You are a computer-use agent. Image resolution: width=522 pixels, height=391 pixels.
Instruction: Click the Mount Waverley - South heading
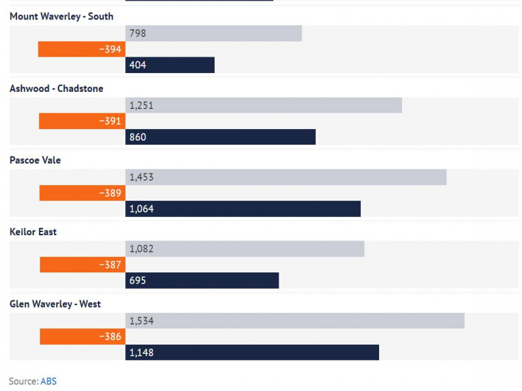click(61, 16)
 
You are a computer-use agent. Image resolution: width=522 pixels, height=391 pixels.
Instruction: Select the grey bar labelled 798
click(213, 33)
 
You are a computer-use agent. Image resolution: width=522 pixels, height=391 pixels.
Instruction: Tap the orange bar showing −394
click(82, 49)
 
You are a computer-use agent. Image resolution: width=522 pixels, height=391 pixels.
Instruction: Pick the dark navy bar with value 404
click(170, 65)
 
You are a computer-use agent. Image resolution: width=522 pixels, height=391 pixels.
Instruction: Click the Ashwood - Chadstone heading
click(56, 89)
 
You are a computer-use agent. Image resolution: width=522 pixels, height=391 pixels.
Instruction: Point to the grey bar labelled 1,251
click(264, 105)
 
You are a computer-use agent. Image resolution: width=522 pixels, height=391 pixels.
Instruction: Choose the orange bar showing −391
click(82, 121)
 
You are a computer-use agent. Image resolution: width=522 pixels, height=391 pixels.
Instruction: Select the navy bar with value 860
click(221, 137)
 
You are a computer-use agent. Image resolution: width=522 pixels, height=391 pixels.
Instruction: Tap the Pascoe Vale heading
click(35, 160)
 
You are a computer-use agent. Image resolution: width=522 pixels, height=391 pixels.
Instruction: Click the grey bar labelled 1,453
click(286, 177)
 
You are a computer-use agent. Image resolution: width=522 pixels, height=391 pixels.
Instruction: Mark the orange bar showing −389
click(82, 193)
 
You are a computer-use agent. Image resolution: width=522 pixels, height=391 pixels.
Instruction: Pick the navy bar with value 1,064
click(243, 209)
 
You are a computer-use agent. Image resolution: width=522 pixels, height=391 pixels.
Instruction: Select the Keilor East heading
click(33, 232)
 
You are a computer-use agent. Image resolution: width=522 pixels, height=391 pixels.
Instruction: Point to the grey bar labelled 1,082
click(245, 248)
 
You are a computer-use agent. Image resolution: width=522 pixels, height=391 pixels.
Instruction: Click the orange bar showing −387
click(83, 265)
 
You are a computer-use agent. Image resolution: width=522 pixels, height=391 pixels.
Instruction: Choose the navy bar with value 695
click(202, 280)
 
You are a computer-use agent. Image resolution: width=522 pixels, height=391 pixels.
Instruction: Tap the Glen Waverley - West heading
click(55, 304)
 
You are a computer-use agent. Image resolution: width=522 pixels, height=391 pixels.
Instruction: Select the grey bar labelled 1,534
click(295, 320)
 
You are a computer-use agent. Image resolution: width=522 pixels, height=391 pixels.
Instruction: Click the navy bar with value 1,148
click(252, 352)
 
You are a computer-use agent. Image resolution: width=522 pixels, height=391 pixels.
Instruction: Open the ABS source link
click(48, 381)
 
